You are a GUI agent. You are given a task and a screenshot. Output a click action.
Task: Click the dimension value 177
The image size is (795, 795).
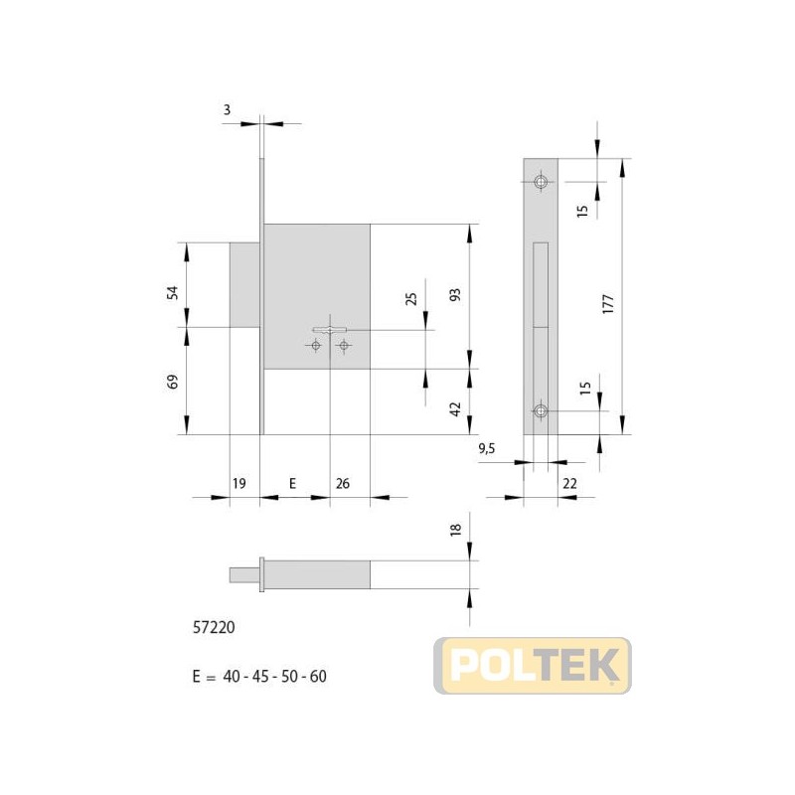[608, 303]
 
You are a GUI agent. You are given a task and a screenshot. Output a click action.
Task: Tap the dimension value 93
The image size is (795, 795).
[456, 294]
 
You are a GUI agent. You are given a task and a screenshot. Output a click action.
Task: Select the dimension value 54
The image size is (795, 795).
[173, 292]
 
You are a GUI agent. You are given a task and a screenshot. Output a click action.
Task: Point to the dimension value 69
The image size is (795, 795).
[173, 382]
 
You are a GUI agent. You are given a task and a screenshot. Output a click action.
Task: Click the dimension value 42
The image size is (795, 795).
[456, 409]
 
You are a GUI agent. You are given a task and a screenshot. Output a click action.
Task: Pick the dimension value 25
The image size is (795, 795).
[411, 299]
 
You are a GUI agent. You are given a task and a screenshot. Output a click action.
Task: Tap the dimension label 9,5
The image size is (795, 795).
[486, 449]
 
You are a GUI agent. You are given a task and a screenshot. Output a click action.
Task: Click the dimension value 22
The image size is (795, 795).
[569, 483]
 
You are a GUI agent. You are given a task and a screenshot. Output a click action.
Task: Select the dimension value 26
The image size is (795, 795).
[343, 483]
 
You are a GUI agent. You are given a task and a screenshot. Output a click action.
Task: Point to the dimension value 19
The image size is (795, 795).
[238, 483]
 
